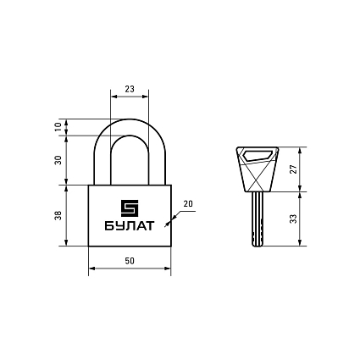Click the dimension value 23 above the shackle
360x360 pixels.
[x=130, y=89]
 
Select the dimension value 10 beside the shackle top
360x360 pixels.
[x=58, y=127]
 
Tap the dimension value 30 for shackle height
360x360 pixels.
[x=58, y=160]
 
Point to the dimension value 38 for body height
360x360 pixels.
[x=58, y=215]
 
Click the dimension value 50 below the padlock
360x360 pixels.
[x=130, y=261]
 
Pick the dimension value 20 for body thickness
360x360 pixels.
[x=188, y=203]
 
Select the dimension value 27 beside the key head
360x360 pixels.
[x=294, y=169]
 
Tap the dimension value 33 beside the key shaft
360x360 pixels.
[x=294, y=219]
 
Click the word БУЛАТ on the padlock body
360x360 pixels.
[x=130, y=226]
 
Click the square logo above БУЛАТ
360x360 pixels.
[x=130, y=208]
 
